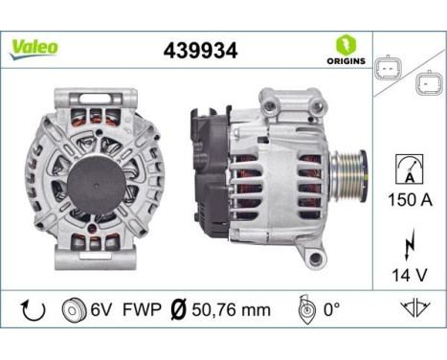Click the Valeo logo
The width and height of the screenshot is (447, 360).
(x=34, y=48)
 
